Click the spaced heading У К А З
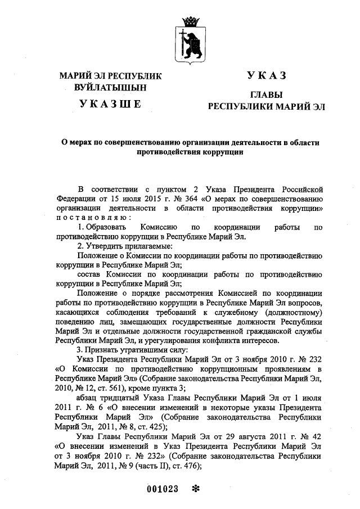pyautogui.click(x=267, y=76)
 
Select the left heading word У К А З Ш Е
pyautogui.click(x=110, y=103)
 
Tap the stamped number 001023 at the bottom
pyautogui.click(x=163, y=489)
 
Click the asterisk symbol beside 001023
pyautogui.click(x=196, y=489)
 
